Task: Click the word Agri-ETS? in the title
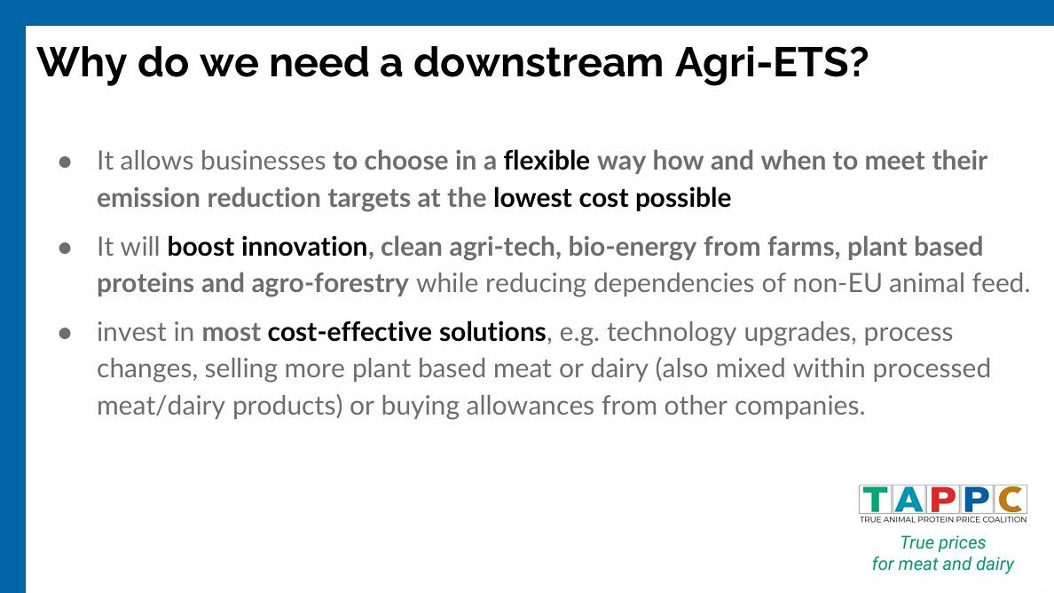(772, 63)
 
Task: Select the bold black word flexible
(547, 161)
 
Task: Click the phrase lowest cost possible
(612, 198)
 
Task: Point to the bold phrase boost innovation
(267, 247)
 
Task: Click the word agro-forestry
(330, 284)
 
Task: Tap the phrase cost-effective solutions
(406, 332)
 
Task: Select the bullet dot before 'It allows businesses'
(65, 162)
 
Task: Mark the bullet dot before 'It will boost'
(65, 248)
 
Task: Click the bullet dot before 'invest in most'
(65, 334)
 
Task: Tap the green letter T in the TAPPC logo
(876, 500)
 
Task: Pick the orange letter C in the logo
(1011, 500)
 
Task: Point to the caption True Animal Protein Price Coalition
(943, 519)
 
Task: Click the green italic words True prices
(943, 542)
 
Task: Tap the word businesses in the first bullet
(263, 162)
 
